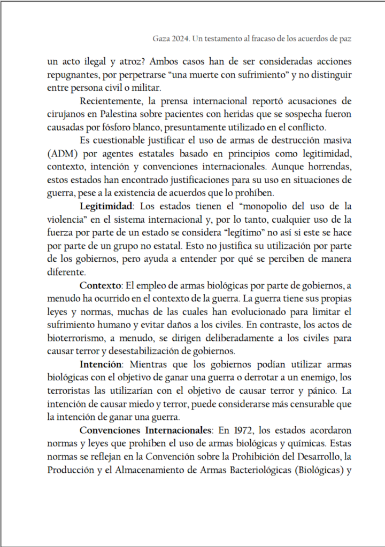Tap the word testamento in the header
pos(226,39)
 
